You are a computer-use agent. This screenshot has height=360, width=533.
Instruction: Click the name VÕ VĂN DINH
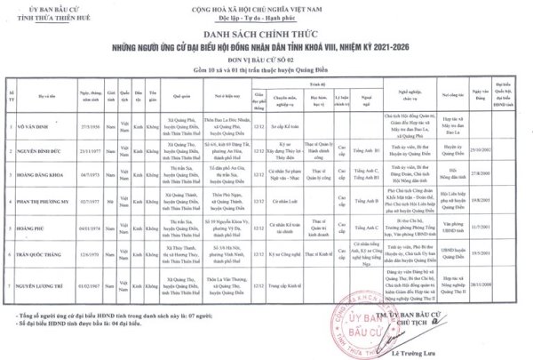tap(33, 126)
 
